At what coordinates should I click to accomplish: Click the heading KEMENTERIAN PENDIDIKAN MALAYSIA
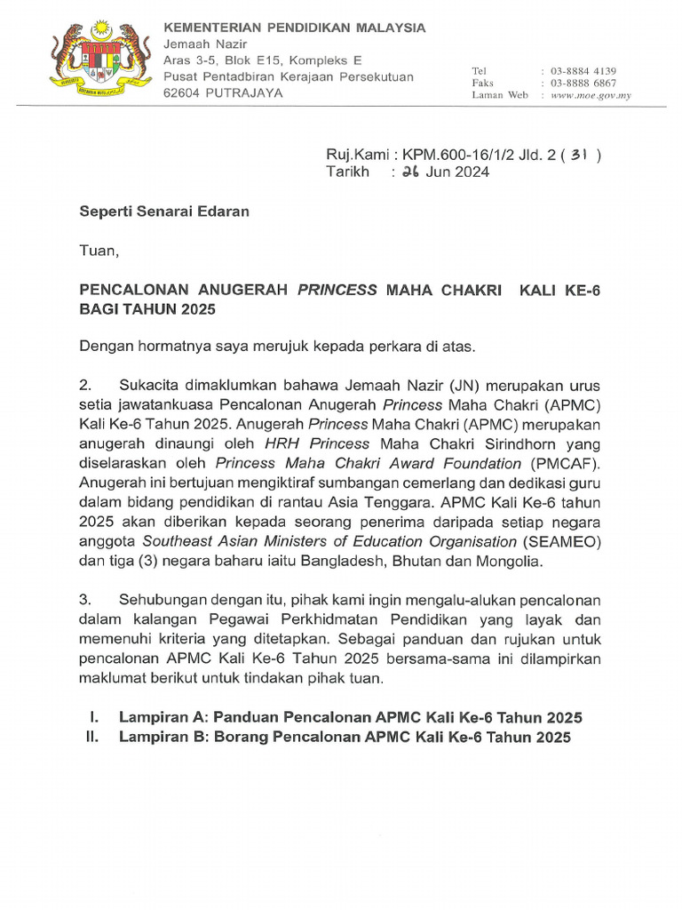click(x=295, y=28)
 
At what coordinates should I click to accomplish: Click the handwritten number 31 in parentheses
click(x=579, y=155)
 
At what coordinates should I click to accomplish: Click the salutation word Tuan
click(x=98, y=251)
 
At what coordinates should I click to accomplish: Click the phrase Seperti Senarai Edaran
click(x=165, y=212)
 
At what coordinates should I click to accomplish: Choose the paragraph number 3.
click(x=86, y=601)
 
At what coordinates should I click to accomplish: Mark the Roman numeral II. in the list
click(x=88, y=738)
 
